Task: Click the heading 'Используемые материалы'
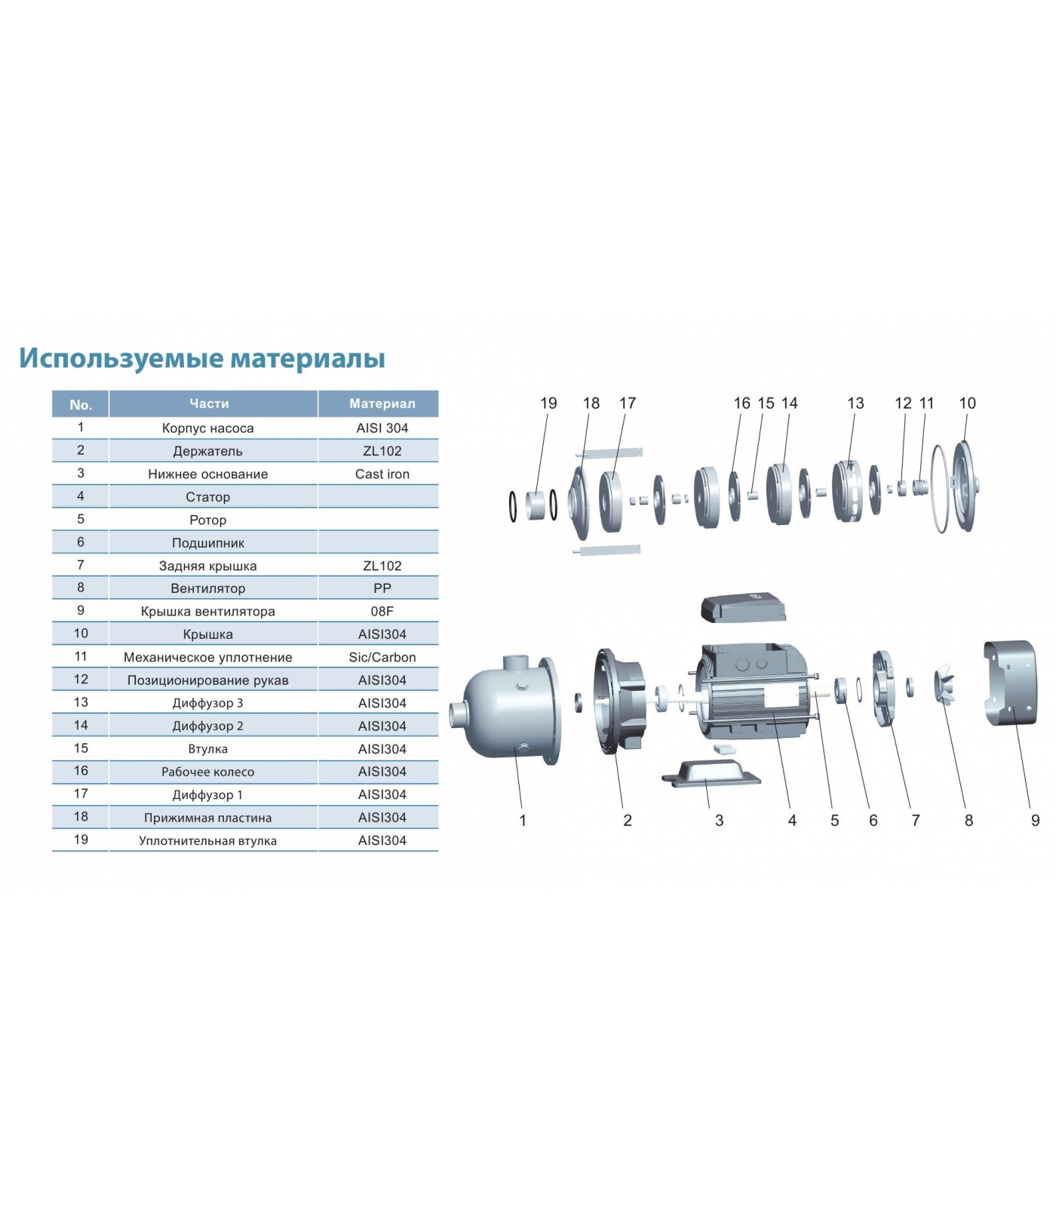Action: coord(202,359)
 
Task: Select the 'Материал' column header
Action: coord(382,404)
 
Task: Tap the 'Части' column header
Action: coord(209,404)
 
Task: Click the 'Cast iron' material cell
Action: coord(382,474)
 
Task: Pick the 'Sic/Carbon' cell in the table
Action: coord(382,657)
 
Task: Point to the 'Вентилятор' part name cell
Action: coord(208,588)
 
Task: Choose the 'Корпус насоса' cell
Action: coord(208,428)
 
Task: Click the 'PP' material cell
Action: coord(382,588)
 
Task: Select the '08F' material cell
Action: coord(382,611)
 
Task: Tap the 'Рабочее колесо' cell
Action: coord(208,772)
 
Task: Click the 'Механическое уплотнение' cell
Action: coord(208,657)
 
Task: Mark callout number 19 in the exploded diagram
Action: coord(548,404)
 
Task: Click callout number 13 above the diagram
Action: coord(855,404)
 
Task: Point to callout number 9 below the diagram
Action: coord(1035,820)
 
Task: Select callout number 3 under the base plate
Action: coord(719,820)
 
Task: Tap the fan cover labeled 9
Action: coord(1011,682)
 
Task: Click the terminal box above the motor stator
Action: coord(744,608)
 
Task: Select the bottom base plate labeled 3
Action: coord(711,772)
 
